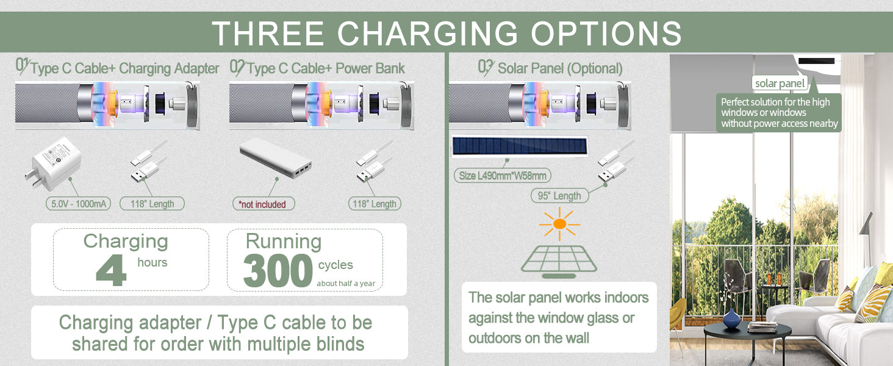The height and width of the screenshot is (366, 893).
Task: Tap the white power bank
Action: tap(276, 158)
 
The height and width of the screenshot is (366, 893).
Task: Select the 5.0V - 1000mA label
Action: tap(78, 204)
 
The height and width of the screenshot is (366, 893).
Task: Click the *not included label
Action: tap(264, 204)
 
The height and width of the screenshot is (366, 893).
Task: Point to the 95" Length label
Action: tap(559, 196)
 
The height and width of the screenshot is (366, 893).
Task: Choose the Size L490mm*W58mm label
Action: tap(503, 176)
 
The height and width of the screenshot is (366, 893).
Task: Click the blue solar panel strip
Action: tap(520, 146)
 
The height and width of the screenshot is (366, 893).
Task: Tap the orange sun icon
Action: tap(560, 224)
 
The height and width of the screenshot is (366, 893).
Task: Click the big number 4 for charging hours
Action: tap(111, 270)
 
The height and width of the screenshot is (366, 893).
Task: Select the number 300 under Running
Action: tap(278, 271)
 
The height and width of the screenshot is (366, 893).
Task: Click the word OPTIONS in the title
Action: tap(606, 34)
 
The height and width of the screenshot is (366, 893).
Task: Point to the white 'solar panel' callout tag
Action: tap(780, 84)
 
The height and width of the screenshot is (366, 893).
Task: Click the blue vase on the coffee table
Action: tap(731, 318)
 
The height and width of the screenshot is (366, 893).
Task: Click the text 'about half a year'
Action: tap(346, 284)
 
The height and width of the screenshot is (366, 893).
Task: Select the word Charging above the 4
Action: tap(126, 242)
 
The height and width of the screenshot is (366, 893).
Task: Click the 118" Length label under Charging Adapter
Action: tap(152, 204)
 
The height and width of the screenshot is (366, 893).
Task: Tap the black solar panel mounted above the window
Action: tap(817, 61)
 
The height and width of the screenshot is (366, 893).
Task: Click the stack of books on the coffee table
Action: tap(762, 327)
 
